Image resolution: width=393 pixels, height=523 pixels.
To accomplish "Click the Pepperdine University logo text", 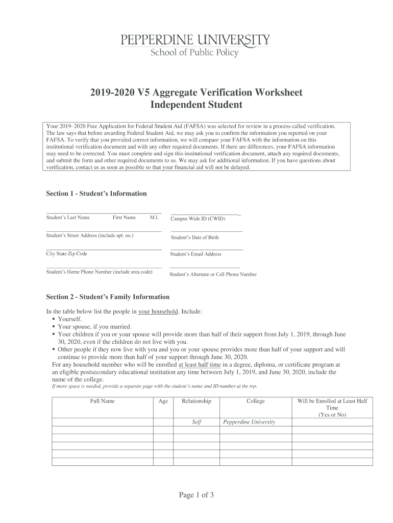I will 195,39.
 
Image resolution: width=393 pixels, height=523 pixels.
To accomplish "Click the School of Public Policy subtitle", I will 194,52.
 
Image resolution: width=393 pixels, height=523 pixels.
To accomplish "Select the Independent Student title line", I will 196,105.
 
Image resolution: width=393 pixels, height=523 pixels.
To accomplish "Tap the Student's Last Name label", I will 68,218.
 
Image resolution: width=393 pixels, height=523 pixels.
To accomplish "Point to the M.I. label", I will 154,218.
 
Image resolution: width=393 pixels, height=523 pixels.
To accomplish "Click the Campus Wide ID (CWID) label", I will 198,219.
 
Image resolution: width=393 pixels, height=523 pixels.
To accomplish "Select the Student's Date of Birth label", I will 194,237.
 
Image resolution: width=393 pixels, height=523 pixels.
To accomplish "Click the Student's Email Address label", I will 195,254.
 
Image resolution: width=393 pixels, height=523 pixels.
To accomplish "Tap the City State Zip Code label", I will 67,254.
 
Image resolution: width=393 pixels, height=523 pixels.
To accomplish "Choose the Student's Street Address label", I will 90,235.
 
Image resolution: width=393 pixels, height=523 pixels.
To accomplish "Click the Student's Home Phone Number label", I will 100,272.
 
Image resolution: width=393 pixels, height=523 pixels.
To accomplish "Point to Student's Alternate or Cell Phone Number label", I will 213,274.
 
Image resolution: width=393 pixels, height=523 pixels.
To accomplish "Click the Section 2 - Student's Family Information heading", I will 108,297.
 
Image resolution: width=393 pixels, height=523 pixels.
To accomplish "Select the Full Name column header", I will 103,401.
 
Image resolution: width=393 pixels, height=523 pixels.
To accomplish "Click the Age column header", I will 163,401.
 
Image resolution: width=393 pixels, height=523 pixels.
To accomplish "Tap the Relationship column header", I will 196,401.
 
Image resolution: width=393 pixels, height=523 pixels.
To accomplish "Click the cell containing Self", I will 196,422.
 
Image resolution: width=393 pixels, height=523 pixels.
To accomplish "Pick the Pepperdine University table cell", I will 249,422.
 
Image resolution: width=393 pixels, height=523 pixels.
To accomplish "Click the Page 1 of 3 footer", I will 196,494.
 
